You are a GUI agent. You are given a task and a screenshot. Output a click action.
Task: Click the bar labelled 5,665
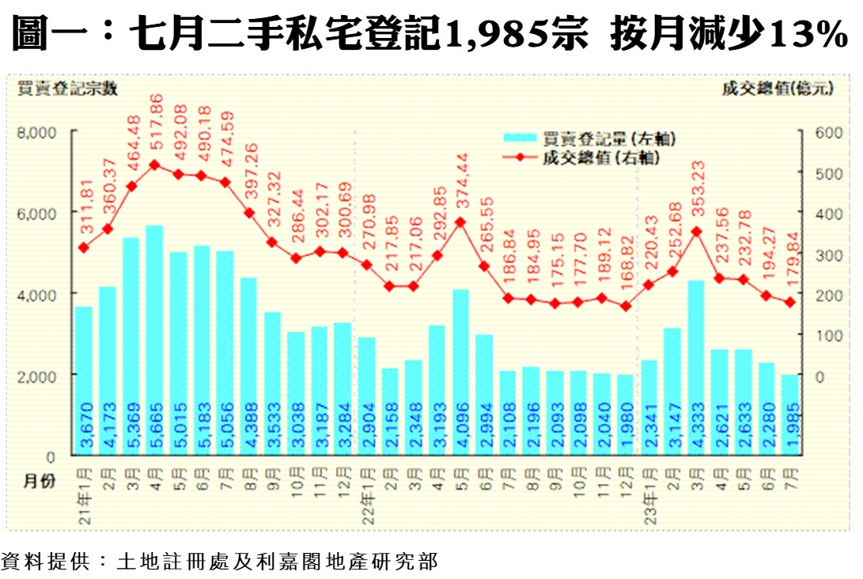[154, 340]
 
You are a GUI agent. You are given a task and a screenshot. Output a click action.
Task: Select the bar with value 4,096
[460, 372]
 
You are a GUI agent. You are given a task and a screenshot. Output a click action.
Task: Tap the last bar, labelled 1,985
[789, 415]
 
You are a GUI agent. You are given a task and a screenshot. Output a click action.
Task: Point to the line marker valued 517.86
[154, 165]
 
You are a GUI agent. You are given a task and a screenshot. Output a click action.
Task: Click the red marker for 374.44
[460, 222]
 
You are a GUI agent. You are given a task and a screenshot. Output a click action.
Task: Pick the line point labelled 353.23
[696, 232]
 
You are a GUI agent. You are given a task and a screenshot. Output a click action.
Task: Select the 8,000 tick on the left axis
[36, 133]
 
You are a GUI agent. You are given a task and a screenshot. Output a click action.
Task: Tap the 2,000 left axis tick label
[36, 375]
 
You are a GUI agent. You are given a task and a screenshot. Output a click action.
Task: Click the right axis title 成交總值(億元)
[776, 89]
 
